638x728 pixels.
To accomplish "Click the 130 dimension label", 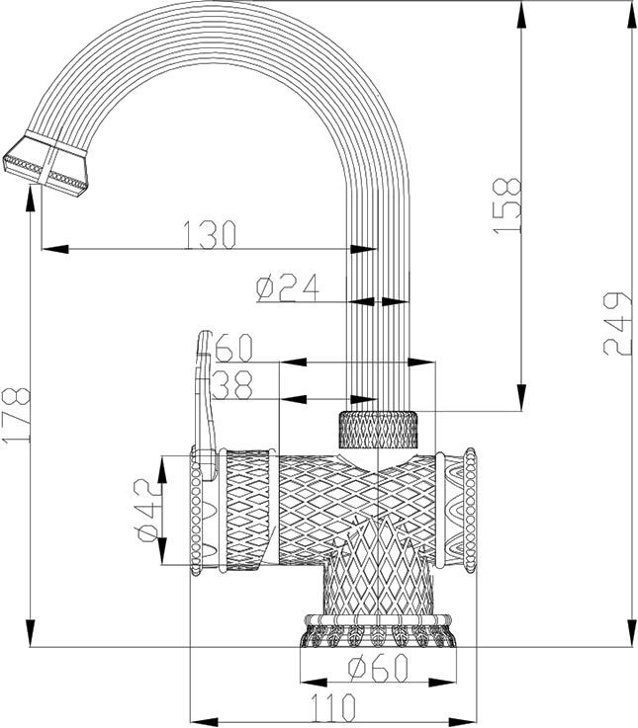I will tap(210, 235).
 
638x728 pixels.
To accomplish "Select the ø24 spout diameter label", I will tap(286, 287).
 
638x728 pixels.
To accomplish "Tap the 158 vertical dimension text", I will tap(505, 204).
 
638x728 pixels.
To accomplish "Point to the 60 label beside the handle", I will tap(234, 349).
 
